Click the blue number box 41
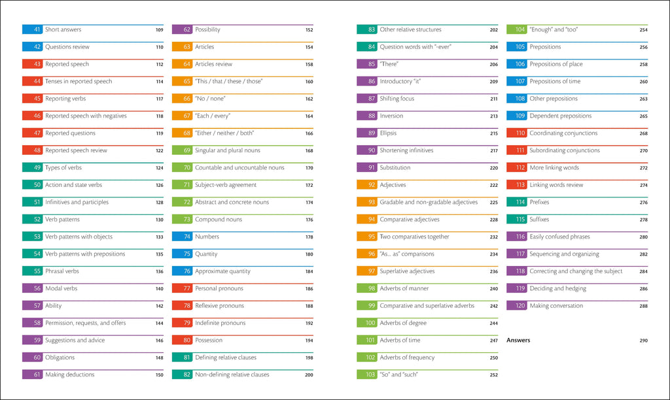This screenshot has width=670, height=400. click(33, 30)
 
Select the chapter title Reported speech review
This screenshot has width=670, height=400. click(76, 151)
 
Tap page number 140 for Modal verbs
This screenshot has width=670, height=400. click(159, 289)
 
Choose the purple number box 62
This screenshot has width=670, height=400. click(182, 30)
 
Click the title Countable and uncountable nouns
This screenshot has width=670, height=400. click(239, 168)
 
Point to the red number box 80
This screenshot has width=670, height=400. click(182, 341)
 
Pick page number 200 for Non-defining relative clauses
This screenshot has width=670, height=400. click(309, 375)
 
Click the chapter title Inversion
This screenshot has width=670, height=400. click(391, 116)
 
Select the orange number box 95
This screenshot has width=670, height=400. click(367, 237)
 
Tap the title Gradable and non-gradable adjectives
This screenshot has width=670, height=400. click(429, 203)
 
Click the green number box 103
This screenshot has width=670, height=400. click(367, 375)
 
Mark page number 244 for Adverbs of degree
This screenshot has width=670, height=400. click(493, 324)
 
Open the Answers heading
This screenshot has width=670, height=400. click(518, 341)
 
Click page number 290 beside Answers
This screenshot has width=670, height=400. click(643, 341)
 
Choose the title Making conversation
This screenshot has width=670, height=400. click(556, 306)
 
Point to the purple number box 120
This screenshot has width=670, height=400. click(517, 306)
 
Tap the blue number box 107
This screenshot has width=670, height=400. click(517, 82)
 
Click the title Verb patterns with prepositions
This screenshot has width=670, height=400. click(85, 254)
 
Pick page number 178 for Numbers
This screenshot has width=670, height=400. click(309, 237)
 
